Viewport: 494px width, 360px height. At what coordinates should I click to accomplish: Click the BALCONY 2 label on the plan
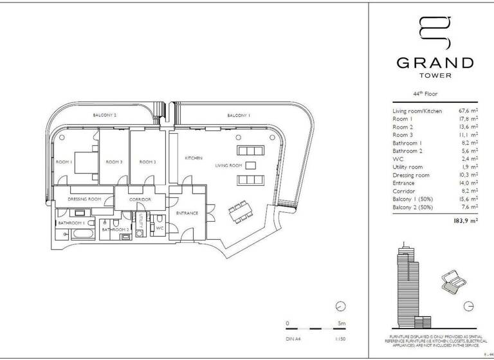tap(105, 115)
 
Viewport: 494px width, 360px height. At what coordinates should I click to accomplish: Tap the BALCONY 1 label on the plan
tap(238, 115)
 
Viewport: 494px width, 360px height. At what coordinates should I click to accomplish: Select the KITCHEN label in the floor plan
tap(194, 158)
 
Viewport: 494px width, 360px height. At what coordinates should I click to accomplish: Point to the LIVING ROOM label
tap(228, 166)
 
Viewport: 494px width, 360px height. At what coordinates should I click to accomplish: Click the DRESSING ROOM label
tap(84, 199)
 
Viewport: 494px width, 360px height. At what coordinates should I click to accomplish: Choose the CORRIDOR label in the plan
tap(140, 199)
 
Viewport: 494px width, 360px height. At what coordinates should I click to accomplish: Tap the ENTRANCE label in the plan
tap(187, 213)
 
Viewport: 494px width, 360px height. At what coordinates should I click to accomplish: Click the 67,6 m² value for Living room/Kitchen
tap(466, 111)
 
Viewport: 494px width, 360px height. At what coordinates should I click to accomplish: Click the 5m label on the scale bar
tap(341, 323)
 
